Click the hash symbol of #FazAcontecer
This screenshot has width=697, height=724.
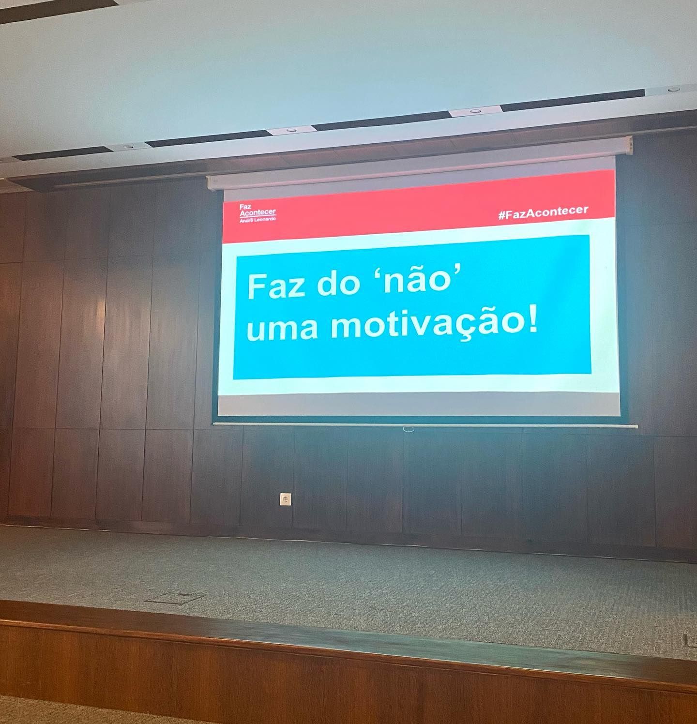tap(502, 214)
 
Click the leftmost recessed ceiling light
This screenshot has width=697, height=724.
tap(128, 146)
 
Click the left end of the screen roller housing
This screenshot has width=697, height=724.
tap(210, 181)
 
